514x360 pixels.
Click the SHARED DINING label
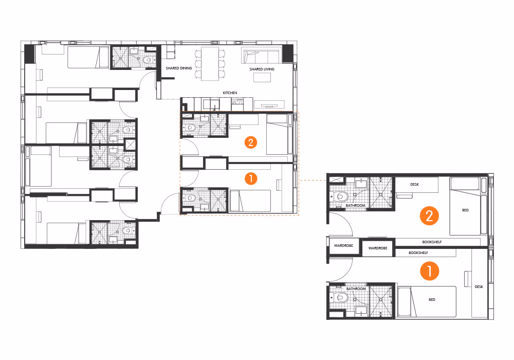[x=179, y=68]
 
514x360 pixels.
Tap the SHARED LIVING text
[x=262, y=69]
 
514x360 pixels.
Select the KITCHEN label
[x=230, y=93]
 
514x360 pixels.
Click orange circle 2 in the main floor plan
[x=251, y=142]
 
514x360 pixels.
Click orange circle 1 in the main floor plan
[x=251, y=178]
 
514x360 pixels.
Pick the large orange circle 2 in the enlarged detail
[x=429, y=216]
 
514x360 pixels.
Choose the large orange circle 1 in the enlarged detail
[x=429, y=271]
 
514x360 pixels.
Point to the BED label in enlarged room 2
[x=466, y=210]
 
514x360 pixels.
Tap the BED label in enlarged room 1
[x=432, y=299]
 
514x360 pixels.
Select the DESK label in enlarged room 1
[x=479, y=287]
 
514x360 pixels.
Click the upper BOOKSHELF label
[x=432, y=242]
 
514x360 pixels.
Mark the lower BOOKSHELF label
[x=418, y=253]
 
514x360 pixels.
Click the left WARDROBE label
[x=342, y=245]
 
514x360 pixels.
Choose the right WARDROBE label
[x=377, y=248]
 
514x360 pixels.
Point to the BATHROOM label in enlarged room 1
[x=355, y=289]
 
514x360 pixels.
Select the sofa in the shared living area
[x=261, y=55]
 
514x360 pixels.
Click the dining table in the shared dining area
[x=210, y=63]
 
